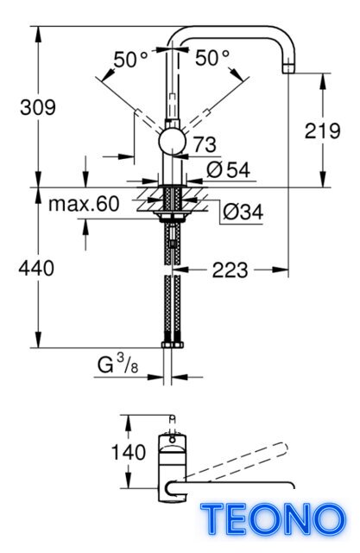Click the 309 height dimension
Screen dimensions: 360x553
pyautogui.click(x=38, y=107)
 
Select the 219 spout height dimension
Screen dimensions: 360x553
pyautogui.click(x=322, y=130)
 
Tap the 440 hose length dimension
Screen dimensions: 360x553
pyautogui.click(x=36, y=268)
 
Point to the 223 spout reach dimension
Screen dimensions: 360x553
pyautogui.click(x=230, y=270)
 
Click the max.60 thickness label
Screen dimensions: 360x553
pyautogui.click(x=84, y=204)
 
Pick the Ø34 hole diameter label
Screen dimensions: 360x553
pyautogui.click(x=243, y=213)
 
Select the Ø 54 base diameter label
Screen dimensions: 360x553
pyautogui.click(x=228, y=170)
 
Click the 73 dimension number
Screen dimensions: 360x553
pyautogui.click(x=205, y=144)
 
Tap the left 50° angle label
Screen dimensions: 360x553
pyautogui.click(x=130, y=59)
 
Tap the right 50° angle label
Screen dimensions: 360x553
pyautogui.click(x=212, y=58)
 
